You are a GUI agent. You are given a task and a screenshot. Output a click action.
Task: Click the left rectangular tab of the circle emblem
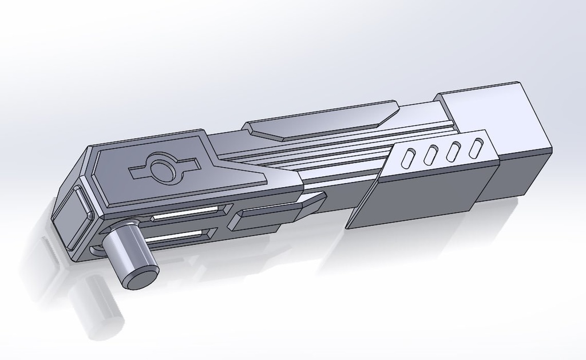pyautogui.click(x=139, y=171)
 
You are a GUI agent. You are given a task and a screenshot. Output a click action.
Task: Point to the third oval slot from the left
pyautogui.click(x=454, y=151)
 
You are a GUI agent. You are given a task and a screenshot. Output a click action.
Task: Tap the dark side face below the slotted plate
pyautogui.click(x=418, y=197)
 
